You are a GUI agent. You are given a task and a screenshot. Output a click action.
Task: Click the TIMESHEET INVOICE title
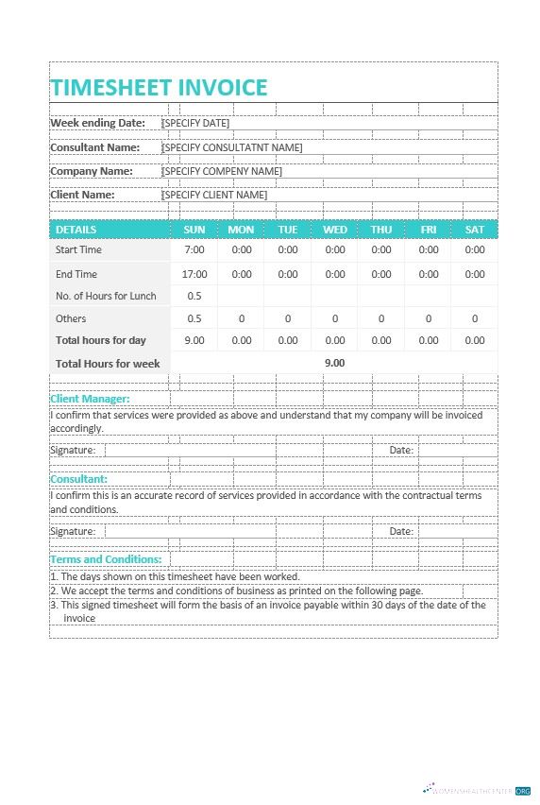159,88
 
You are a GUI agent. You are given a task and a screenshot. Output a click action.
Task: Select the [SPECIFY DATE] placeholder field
195,123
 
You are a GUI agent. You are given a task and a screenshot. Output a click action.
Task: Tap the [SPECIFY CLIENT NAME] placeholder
214,195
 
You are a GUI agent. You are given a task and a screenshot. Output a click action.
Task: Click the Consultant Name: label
94,147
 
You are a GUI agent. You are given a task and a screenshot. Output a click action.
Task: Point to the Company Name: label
91,171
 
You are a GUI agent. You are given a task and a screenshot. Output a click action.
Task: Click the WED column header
335,230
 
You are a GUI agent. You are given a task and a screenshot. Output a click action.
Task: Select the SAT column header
475,230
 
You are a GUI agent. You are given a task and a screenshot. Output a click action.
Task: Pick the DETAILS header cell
76,230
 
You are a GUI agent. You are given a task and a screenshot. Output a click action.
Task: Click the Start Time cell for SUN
194,250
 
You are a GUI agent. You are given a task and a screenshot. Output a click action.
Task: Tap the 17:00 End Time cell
194,274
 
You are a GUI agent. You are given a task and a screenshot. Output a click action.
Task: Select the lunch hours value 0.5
194,296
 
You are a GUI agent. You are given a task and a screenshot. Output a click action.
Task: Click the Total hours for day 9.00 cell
194,340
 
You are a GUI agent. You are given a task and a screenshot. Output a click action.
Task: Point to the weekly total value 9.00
335,363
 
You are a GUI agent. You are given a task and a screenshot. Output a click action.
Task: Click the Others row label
71,318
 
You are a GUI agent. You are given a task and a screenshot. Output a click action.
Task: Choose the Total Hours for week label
108,363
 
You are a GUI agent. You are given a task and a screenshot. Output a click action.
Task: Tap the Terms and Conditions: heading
106,559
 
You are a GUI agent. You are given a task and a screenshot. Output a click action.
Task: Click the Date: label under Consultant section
401,531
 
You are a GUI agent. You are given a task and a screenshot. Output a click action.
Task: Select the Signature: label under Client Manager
73,450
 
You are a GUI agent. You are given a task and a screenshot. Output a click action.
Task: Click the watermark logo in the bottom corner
476,790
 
